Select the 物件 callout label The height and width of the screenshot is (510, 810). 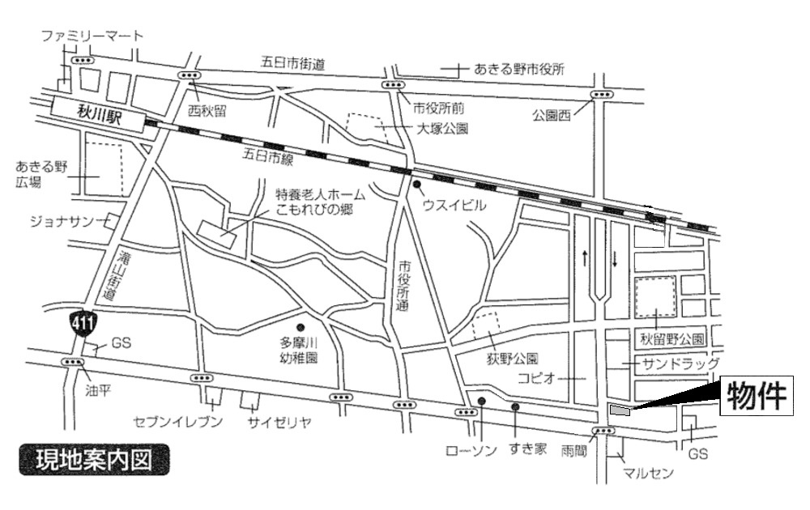click(x=756, y=397)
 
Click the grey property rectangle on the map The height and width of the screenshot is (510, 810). click(x=620, y=410)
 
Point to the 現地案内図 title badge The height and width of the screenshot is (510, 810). click(x=94, y=460)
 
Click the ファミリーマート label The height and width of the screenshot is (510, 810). click(x=92, y=36)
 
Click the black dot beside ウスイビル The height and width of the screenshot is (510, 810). click(x=416, y=185)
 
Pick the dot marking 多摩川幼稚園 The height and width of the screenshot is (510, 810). click(x=301, y=327)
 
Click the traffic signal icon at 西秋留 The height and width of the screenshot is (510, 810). click(x=190, y=75)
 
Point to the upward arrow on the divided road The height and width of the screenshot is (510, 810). click(x=583, y=258)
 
